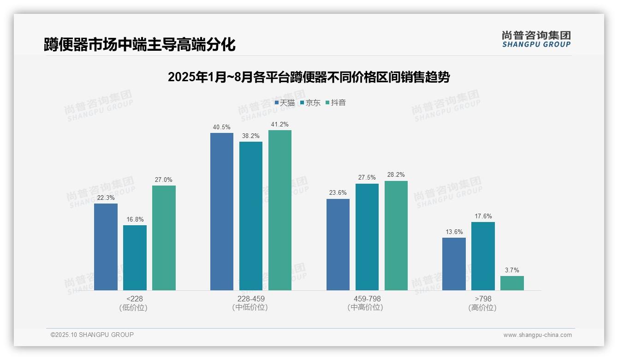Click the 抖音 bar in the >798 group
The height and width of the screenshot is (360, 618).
[512, 283]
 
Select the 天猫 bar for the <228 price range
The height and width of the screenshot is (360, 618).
[106, 247]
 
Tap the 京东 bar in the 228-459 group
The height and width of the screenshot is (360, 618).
[251, 216]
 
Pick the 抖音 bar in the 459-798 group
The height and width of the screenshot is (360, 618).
[396, 235]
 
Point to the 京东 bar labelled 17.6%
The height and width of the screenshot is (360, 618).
[483, 256]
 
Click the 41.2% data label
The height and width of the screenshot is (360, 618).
[280, 125]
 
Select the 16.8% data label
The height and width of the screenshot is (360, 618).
[135, 220]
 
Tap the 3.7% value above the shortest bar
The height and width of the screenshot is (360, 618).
[512, 270]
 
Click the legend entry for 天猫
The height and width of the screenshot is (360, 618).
[285, 103]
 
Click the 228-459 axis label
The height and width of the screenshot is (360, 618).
[251, 299]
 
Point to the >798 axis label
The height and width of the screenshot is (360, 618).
[483, 299]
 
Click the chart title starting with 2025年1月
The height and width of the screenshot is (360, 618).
[309, 77]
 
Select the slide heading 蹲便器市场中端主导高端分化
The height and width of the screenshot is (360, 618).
[140, 45]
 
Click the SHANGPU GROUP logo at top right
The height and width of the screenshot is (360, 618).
[536, 39]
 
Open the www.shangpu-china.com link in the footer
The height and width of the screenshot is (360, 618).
[537, 335]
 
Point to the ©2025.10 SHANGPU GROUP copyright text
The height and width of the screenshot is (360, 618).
[92, 335]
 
